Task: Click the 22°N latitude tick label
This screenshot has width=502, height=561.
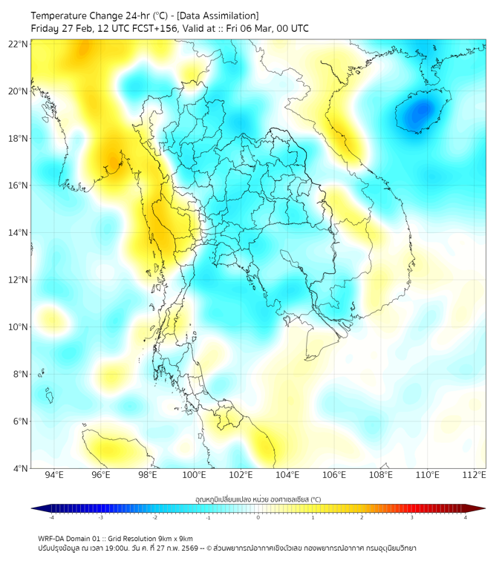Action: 19,44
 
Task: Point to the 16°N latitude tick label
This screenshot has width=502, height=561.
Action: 19,186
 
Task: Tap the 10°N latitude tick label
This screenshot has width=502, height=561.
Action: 19,327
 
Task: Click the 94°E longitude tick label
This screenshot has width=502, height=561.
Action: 54,476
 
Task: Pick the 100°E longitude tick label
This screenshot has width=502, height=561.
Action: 195,476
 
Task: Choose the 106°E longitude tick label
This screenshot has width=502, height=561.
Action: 334,476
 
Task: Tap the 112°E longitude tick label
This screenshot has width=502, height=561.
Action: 475,476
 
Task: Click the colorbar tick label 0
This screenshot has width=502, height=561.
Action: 258,517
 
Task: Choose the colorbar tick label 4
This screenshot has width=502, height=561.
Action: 466,517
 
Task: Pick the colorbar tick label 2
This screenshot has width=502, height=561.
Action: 362,517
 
